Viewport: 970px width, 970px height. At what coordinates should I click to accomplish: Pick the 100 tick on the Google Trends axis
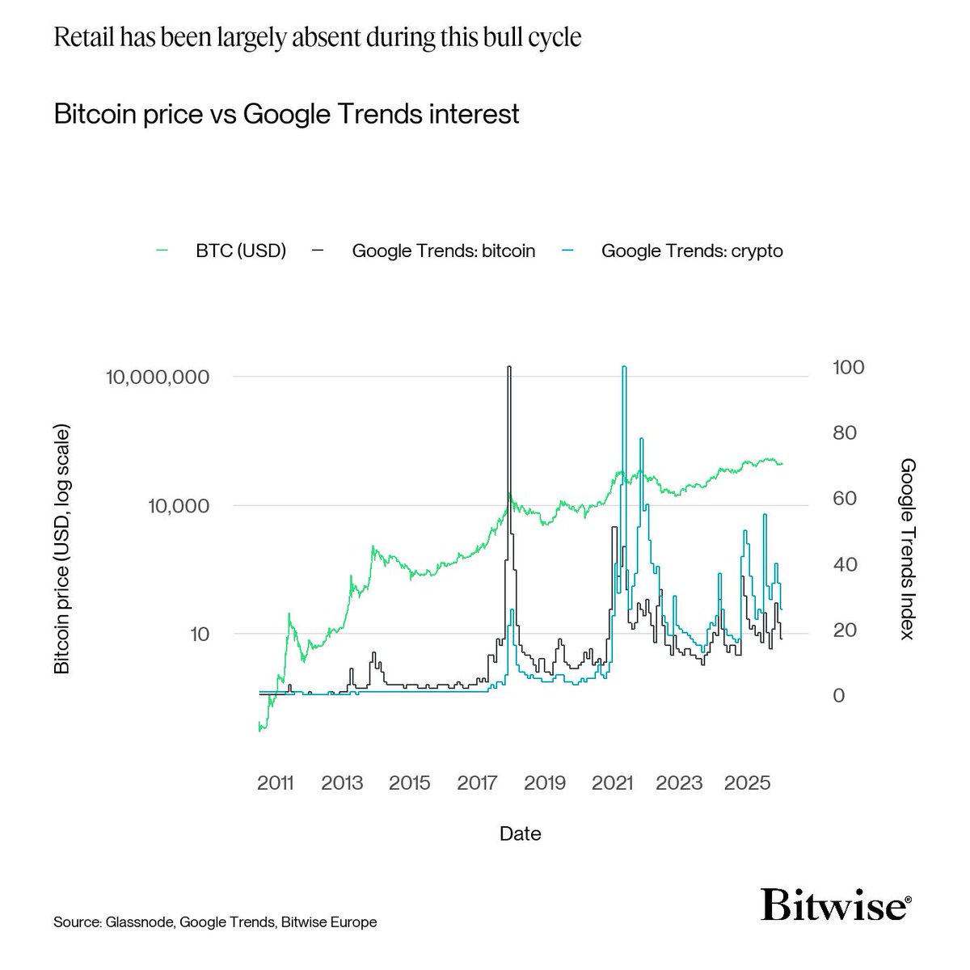click(849, 367)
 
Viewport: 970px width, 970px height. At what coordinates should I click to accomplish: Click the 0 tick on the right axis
click(838, 695)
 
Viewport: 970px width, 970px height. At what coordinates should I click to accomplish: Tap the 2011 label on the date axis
click(276, 783)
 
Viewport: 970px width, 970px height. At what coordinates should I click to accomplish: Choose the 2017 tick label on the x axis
click(477, 783)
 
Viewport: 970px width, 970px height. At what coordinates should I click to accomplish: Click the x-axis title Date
click(520, 833)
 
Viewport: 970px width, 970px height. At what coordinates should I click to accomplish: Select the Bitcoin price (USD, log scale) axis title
click(62, 550)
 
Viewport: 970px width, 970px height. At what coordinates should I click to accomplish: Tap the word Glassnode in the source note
click(138, 922)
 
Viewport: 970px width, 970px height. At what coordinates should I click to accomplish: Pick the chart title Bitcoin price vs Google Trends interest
click(286, 113)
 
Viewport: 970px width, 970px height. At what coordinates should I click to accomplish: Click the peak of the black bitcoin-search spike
click(508, 368)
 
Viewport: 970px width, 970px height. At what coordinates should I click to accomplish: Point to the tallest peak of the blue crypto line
click(623, 367)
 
